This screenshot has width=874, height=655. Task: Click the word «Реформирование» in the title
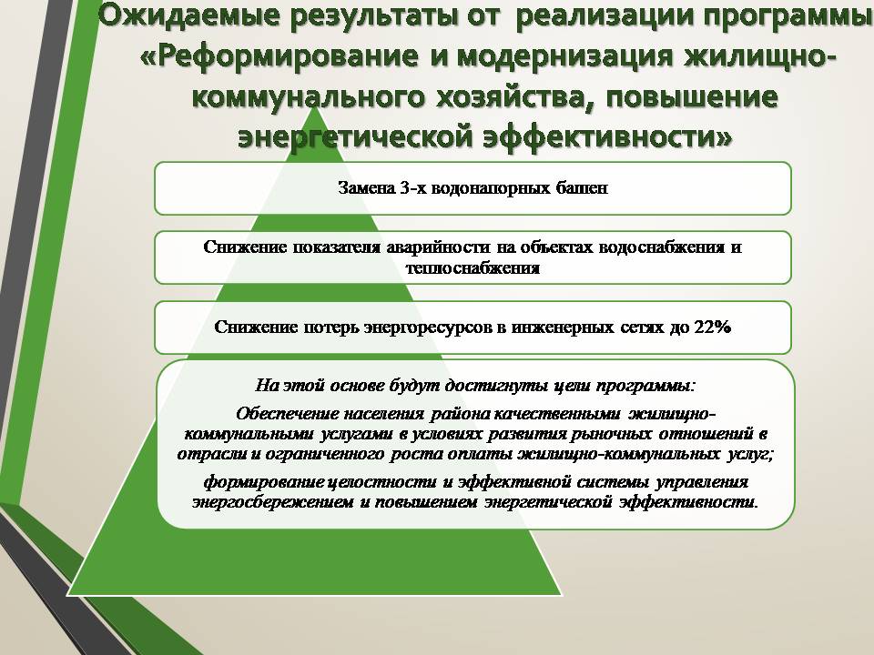pyautogui.click(x=287, y=56)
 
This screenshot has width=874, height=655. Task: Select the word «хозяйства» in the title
pyautogui.click(x=512, y=97)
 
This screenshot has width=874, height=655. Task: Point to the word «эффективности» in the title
pyautogui.click(x=607, y=136)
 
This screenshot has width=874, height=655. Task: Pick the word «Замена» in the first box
pyautogui.click(x=366, y=187)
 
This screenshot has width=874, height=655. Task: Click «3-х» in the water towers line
pyautogui.click(x=413, y=187)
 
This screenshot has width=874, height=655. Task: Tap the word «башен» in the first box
pyautogui.click(x=582, y=187)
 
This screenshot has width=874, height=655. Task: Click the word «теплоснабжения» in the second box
pyautogui.click(x=473, y=267)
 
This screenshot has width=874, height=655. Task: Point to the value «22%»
pyautogui.click(x=712, y=327)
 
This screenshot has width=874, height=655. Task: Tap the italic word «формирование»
pyautogui.click(x=262, y=481)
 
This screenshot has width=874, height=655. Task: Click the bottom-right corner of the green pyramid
pyautogui.click(x=562, y=595)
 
